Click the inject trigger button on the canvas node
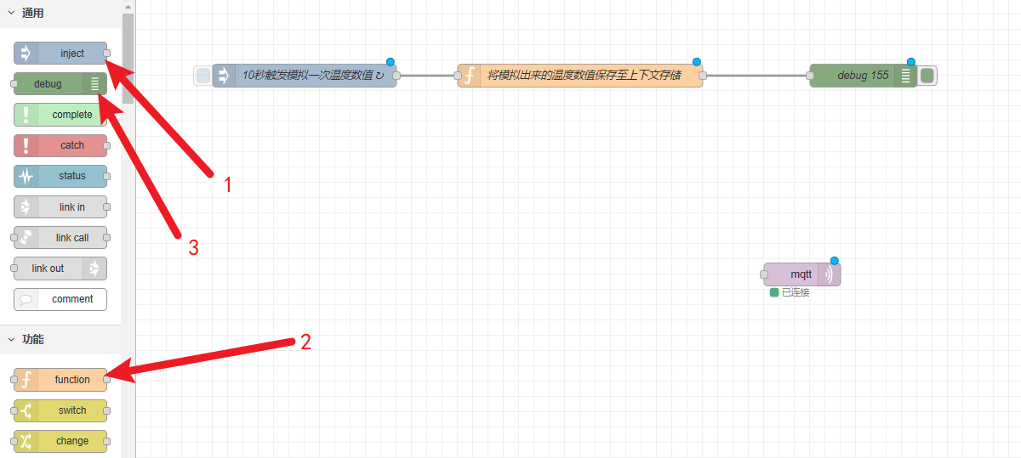tap(203, 76)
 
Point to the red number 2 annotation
tap(305, 342)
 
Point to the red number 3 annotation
tap(193, 248)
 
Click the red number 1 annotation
tap(227, 184)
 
